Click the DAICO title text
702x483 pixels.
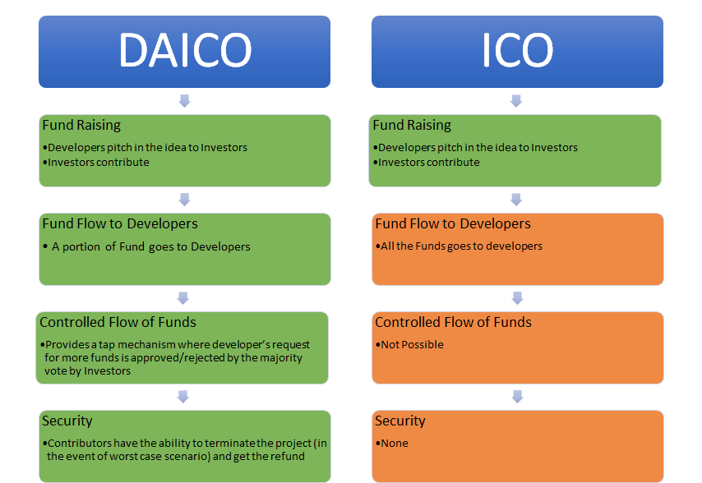[185, 50]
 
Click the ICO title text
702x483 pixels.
[517, 50]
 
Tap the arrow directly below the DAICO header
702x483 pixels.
[184, 100]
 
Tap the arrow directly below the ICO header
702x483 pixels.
[516, 100]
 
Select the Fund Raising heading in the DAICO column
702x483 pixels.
[81, 125]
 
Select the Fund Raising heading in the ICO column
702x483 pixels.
[412, 125]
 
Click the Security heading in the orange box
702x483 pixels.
[400, 421]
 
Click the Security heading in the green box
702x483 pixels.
[67, 421]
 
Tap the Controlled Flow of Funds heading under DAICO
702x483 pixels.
[118, 322]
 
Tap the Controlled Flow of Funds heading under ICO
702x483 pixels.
[454, 322]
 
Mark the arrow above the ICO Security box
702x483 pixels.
[518, 396]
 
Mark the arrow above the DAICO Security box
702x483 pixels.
[182, 396]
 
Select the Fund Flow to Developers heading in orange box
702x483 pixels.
[453, 223]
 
